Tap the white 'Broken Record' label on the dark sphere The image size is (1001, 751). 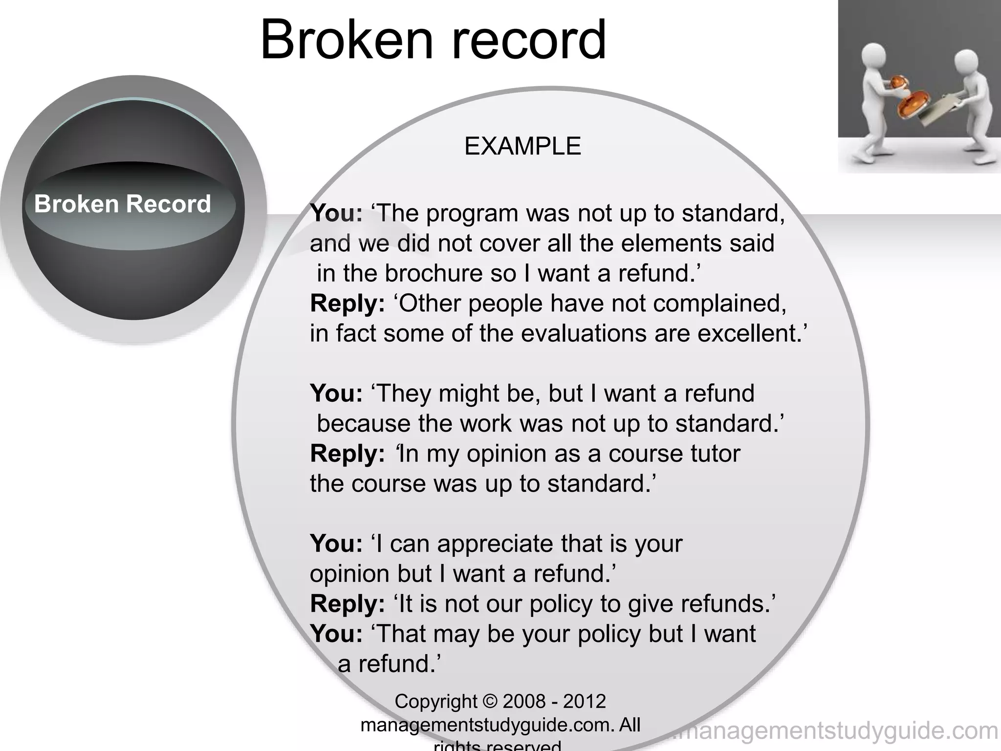point(122,203)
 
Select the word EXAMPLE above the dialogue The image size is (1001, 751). point(522,146)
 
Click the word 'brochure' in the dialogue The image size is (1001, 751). point(434,273)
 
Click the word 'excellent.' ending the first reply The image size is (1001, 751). point(752,333)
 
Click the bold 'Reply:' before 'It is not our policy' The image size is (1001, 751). point(348,604)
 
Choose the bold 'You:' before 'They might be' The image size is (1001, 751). point(336,394)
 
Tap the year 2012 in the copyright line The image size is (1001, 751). point(584,702)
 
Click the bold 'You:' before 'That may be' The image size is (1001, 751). point(336,634)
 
